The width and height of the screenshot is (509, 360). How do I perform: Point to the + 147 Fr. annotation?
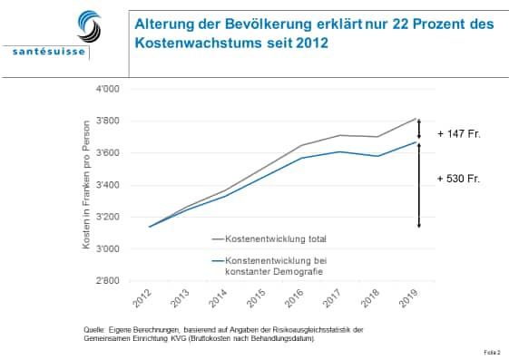click(458, 133)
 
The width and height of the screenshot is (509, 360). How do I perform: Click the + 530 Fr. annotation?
click(458, 179)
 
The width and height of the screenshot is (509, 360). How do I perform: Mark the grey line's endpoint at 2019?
click(416, 118)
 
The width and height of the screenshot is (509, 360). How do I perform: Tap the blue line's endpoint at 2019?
click(416, 141)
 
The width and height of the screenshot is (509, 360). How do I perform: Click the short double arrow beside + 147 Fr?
click(420, 130)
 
